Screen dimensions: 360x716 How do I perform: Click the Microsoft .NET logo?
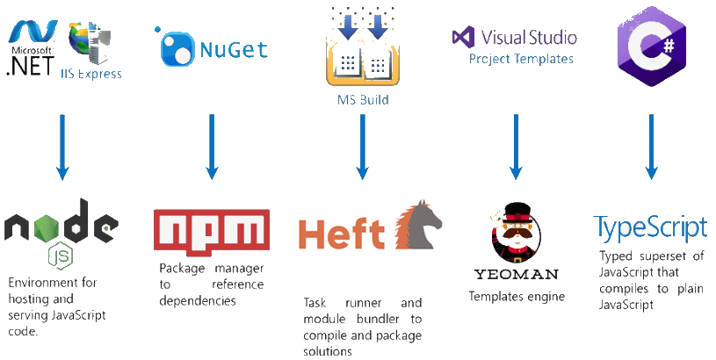point(30,49)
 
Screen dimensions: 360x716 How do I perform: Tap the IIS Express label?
point(90,74)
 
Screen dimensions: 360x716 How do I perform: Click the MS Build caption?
point(363,100)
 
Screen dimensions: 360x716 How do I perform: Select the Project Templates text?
point(521,59)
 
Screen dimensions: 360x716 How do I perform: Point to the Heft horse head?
point(416,228)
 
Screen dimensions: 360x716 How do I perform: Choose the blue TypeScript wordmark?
point(650,227)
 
